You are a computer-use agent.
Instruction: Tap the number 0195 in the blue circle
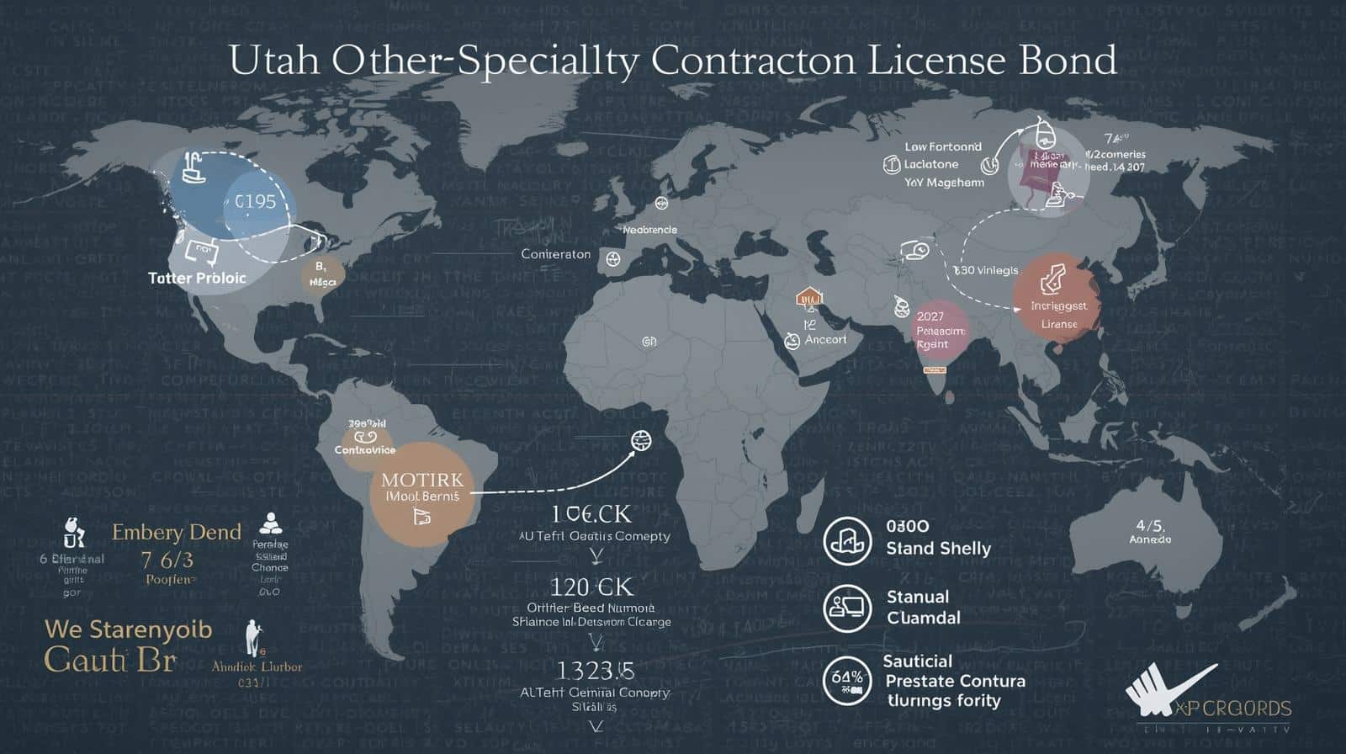pyautogui.click(x=255, y=202)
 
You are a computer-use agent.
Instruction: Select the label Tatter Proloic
pyautogui.click(x=197, y=278)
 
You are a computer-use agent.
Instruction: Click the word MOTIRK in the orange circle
pyautogui.click(x=421, y=480)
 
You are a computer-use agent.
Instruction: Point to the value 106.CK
pyautogui.click(x=591, y=513)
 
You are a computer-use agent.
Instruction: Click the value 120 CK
pyautogui.click(x=591, y=586)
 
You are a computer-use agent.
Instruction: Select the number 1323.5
pyautogui.click(x=595, y=670)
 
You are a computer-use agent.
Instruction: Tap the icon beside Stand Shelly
pyautogui.click(x=847, y=539)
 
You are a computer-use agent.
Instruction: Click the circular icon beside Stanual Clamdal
pyautogui.click(x=847, y=608)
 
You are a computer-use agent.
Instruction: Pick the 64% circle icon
pyautogui.click(x=847, y=680)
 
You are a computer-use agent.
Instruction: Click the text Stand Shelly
pyautogui.click(x=938, y=549)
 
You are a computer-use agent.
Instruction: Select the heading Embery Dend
pyautogui.click(x=177, y=532)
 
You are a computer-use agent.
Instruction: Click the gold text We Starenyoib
pyautogui.click(x=128, y=629)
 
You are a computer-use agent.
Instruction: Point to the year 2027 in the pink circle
pyautogui.click(x=930, y=316)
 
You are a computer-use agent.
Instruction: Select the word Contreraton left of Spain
pyautogui.click(x=555, y=253)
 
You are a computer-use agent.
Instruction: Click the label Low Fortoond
pyautogui.click(x=942, y=146)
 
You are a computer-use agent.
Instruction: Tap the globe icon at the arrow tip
pyautogui.click(x=641, y=439)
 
